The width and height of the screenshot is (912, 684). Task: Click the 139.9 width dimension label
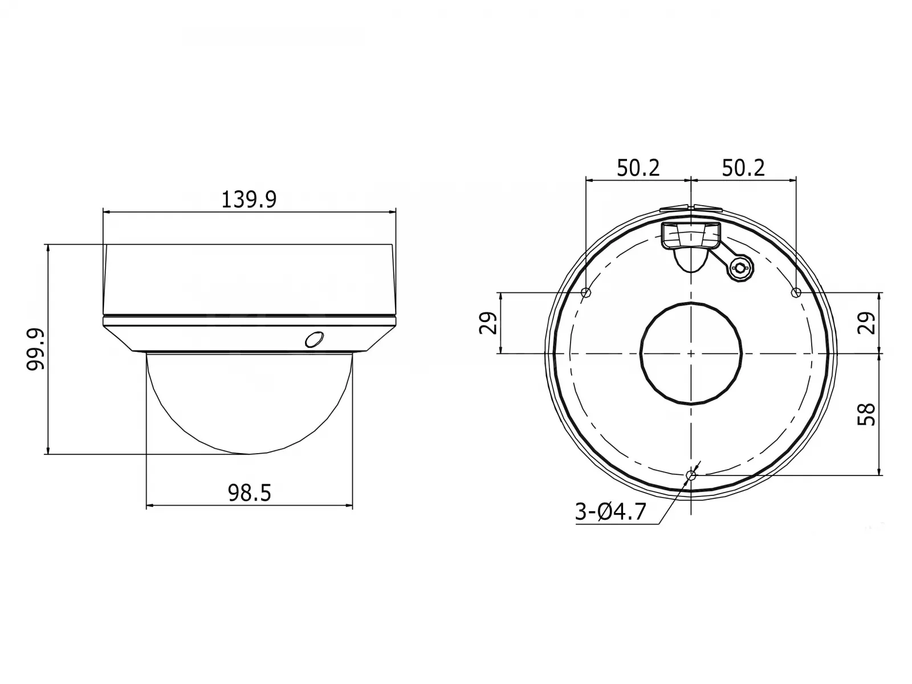tap(249, 199)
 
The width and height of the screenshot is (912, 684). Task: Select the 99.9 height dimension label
tap(36, 349)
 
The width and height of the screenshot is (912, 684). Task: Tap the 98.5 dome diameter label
tap(249, 494)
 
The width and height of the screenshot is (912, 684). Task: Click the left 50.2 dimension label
tap(638, 168)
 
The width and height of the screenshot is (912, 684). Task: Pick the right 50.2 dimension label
tap(743, 168)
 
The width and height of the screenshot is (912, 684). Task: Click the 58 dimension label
tap(866, 414)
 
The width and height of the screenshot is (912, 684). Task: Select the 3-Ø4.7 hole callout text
tap(611, 512)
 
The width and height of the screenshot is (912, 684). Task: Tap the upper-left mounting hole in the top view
tap(586, 292)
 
